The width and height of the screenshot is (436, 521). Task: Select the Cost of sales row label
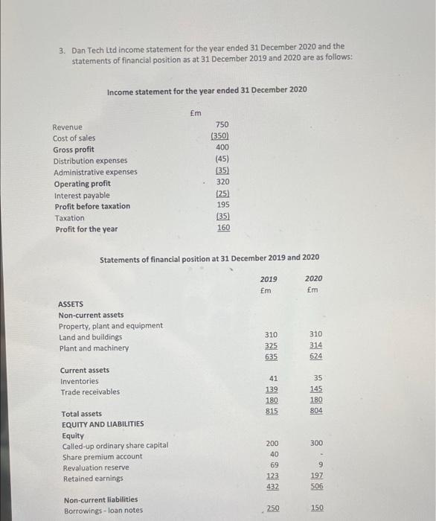pyautogui.click(x=74, y=138)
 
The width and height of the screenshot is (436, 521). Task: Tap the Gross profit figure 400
pyautogui.click(x=222, y=147)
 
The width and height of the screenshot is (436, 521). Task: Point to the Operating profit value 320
pyautogui.click(x=222, y=182)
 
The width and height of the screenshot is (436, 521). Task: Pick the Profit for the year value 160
pyautogui.click(x=222, y=228)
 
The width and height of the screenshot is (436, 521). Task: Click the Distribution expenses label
pyautogui.click(x=90, y=160)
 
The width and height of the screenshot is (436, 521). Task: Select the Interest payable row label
pyautogui.click(x=81, y=195)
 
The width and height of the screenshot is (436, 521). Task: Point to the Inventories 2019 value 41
pyautogui.click(x=273, y=378)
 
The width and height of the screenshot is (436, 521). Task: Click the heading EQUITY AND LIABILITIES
pyautogui.click(x=103, y=424)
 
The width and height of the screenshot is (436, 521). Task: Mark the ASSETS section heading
pyautogui.click(x=71, y=304)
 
